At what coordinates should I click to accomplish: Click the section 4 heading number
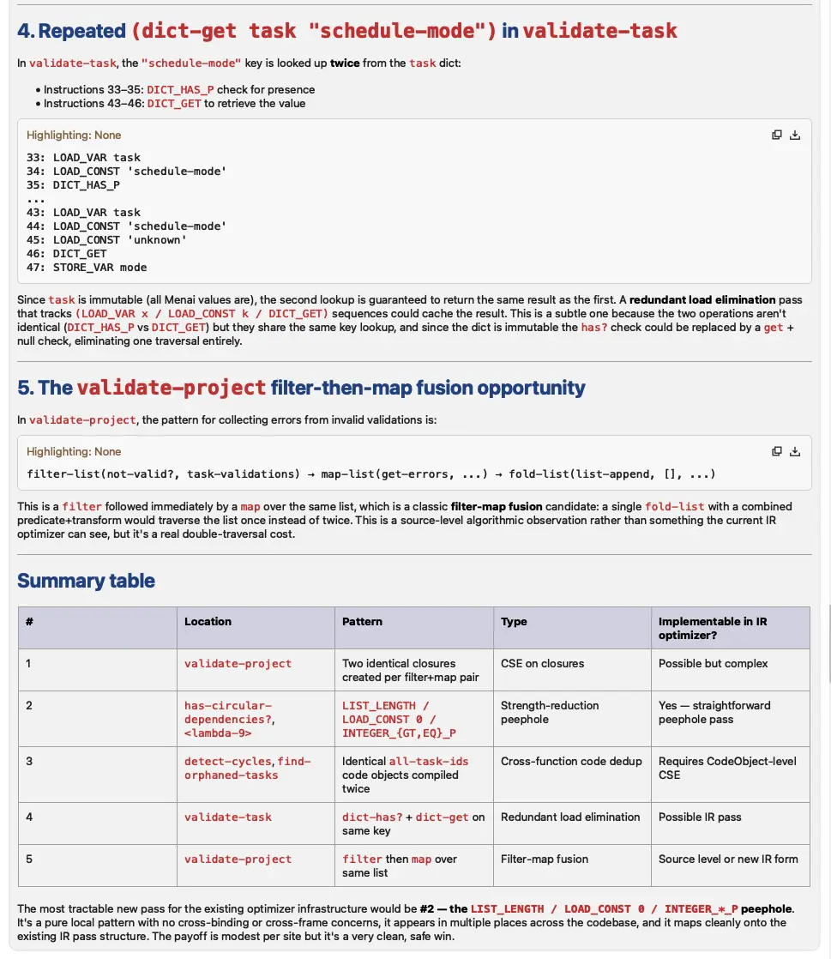click(27, 31)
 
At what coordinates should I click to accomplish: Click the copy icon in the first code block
click(776, 135)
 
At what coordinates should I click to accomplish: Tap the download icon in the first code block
click(795, 135)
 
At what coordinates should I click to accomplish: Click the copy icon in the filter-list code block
click(776, 451)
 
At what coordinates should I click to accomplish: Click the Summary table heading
click(86, 581)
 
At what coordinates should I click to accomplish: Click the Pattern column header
click(362, 622)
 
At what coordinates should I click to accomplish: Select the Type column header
click(514, 622)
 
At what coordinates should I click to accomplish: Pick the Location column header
click(208, 622)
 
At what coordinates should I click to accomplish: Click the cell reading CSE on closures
click(542, 664)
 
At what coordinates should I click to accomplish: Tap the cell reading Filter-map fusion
click(545, 859)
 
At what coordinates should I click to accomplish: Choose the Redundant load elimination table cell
click(570, 817)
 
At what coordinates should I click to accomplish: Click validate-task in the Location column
click(227, 817)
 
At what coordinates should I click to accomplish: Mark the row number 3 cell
click(29, 761)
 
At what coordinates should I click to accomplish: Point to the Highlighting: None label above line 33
click(74, 136)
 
